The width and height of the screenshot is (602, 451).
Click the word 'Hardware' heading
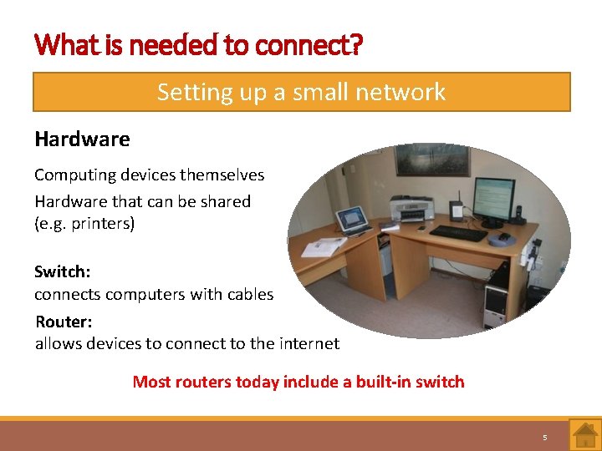pos(82,139)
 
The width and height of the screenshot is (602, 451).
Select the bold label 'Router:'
pos(64,322)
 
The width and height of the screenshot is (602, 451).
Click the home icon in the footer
pos(584,435)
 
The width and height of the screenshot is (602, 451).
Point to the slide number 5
pos(544,437)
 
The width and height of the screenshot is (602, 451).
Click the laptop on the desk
pos(352,220)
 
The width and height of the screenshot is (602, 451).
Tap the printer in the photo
pos(411,208)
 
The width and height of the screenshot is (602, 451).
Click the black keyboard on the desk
pos(458,233)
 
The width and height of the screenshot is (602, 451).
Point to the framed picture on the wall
pos(431,159)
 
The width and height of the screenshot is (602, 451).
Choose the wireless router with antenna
pos(457,210)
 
